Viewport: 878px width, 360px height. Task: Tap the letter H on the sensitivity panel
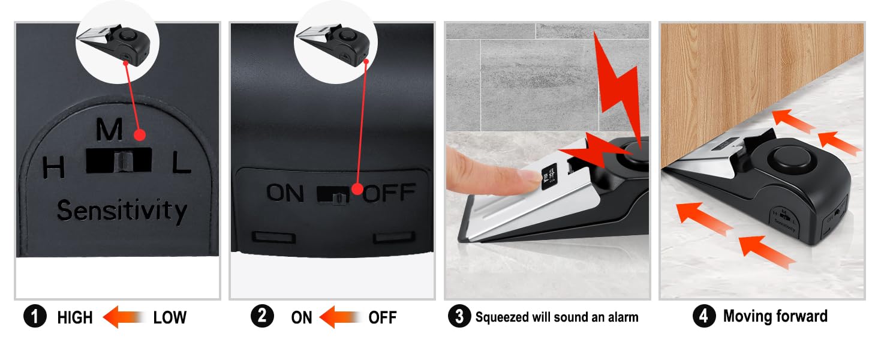54,168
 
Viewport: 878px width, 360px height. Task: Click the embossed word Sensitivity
122,211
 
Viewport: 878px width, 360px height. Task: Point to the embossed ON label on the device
285,193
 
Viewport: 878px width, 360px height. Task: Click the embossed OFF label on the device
389,193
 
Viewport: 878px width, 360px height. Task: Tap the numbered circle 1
35,317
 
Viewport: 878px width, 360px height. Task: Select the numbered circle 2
262,316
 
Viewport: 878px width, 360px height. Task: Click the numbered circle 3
459,317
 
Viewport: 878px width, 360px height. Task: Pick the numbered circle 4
704,316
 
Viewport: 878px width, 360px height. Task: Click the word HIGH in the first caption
75,317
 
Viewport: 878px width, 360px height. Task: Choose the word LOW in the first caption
170,317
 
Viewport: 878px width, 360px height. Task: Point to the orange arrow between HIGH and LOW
124,317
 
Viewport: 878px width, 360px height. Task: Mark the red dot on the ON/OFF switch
357,190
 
